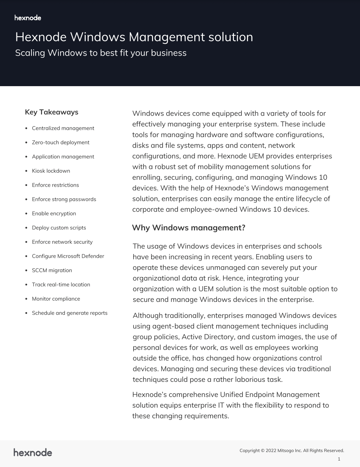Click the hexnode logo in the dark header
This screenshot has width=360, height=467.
click(x=28, y=18)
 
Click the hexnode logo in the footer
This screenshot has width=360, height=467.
click(x=33, y=453)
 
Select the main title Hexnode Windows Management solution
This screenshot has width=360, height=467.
click(x=134, y=37)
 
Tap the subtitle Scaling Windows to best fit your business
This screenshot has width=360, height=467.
click(x=101, y=53)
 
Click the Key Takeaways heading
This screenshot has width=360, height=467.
click(x=52, y=112)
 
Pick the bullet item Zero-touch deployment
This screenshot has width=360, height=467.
click(x=60, y=143)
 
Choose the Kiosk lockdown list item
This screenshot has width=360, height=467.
click(x=51, y=171)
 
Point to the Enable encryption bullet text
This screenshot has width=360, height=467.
click(x=54, y=214)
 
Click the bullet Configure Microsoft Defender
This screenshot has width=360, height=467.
click(x=68, y=256)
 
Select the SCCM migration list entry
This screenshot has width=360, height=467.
click(x=52, y=270)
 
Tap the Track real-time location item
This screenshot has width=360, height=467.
click(x=61, y=284)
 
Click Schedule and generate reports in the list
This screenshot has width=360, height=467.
click(x=70, y=313)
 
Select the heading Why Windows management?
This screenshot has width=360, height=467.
click(x=189, y=228)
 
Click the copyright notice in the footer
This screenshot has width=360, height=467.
click(x=292, y=451)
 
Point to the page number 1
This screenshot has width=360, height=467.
click(x=339, y=459)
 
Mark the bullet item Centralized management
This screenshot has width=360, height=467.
click(x=63, y=128)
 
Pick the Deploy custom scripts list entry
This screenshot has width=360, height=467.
click(x=59, y=228)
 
